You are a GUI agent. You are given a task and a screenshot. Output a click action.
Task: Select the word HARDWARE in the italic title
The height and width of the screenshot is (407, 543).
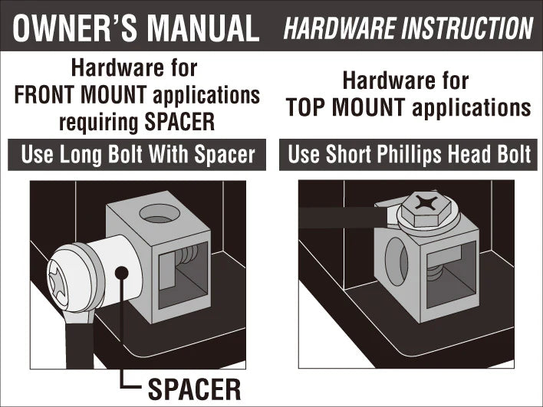click(x=340, y=28)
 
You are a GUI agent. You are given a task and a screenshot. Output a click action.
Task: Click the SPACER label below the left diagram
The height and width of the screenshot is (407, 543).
click(x=194, y=389)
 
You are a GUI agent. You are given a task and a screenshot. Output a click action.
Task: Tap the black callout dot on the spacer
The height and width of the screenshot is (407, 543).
click(x=121, y=273)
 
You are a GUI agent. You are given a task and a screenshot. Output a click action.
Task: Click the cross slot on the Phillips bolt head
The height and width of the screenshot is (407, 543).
click(x=427, y=203)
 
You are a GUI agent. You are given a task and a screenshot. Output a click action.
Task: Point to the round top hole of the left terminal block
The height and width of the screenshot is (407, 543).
click(x=160, y=213)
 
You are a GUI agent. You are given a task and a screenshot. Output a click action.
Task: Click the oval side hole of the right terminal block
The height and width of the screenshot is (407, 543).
click(x=397, y=261)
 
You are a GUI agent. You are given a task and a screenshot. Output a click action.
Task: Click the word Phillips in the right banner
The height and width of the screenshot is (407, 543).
click(x=410, y=154)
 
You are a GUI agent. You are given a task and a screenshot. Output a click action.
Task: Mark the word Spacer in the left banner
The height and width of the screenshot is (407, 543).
click(x=225, y=154)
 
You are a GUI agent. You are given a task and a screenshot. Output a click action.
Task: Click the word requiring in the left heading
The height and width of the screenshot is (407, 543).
click(x=99, y=123)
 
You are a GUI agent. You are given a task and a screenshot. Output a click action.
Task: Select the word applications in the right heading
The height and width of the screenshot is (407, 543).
click(x=472, y=107)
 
